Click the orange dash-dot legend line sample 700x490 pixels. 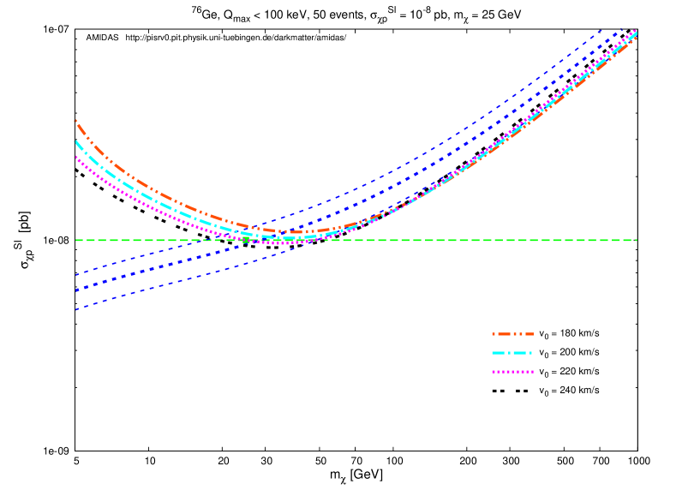pos(512,334)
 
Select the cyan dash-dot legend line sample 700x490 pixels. pos(512,353)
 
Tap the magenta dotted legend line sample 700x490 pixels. pos(512,372)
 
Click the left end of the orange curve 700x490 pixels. pos(75,121)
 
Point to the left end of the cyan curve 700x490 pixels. pos(75,140)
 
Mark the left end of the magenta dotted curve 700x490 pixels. pos(75,156)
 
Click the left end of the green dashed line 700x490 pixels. pos(75,240)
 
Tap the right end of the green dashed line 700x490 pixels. pos(637,240)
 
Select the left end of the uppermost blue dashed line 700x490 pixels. pos(75,275)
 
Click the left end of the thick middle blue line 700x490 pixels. pos(75,291)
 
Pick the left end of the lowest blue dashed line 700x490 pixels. pos(75,310)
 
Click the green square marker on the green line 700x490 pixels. pos(246,240)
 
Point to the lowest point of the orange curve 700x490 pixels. pos(296,232)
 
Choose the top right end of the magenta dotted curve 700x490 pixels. pos(637,30)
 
